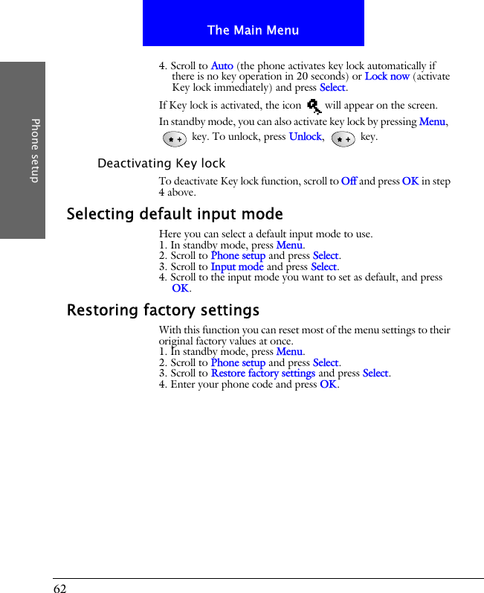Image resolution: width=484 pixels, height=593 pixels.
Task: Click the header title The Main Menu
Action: pyautogui.click(x=253, y=31)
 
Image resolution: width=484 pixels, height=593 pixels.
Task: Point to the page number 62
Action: pyautogui.click(x=59, y=589)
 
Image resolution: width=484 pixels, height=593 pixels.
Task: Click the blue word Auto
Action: pyautogui.click(x=222, y=66)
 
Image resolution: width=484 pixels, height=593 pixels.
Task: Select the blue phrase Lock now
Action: pyautogui.click(x=387, y=77)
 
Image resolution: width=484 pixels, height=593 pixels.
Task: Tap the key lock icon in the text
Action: pyautogui.click(x=313, y=106)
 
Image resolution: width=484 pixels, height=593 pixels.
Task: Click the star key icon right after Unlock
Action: pyautogui.click(x=343, y=138)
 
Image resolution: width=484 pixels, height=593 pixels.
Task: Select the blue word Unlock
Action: pyautogui.click(x=305, y=137)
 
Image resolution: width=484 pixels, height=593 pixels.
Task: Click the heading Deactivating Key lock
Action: pyautogui.click(x=161, y=163)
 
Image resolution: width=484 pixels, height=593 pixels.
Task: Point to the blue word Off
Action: pyautogui.click(x=348, y=182)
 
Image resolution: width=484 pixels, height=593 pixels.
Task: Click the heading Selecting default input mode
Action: pyautogui.click(x=175, y=214)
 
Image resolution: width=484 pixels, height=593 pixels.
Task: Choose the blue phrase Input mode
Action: pyautogui.click(x=237, y=266)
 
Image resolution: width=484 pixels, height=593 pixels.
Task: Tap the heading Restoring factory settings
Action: pyautogui.click(x=163, y=310)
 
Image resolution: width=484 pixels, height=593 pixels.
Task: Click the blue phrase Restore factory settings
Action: pyautogui.click(x=262, y=374)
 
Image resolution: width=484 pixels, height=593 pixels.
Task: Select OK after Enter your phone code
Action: pyautogui.click(x=328, y=385)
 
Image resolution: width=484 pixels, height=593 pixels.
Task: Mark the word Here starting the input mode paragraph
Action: pyautogui.click(x=170, y=234)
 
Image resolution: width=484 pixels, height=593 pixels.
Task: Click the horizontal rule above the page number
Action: pyautogui.click(x=268, y=578)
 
